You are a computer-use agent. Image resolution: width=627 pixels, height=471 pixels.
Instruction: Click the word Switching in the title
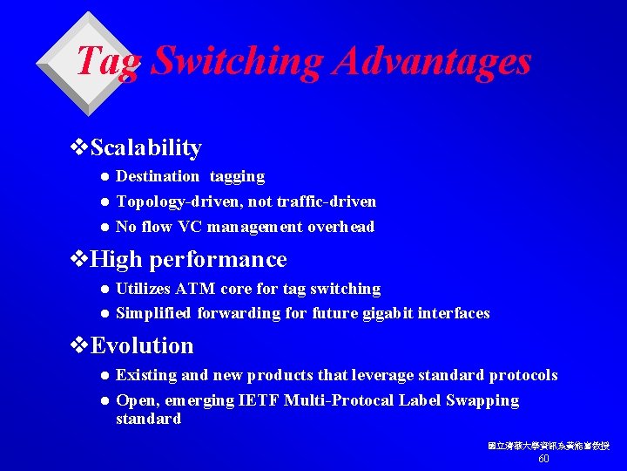[238, 61]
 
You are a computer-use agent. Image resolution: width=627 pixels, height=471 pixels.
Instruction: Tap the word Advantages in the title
[432, 61]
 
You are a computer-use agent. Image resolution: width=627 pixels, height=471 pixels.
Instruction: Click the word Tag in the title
[108, 61]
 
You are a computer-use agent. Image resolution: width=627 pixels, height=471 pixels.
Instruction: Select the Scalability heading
[145, 148]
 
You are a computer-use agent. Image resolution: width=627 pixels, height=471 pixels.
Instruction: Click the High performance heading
[188, 260]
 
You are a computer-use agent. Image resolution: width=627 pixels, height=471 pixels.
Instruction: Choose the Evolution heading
[142, 345]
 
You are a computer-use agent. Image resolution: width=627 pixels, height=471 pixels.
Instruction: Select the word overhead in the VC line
[340, 227]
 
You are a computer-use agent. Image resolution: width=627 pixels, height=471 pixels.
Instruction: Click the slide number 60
[543, 459]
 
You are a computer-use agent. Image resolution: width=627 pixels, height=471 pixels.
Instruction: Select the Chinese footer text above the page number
[548, 446]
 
